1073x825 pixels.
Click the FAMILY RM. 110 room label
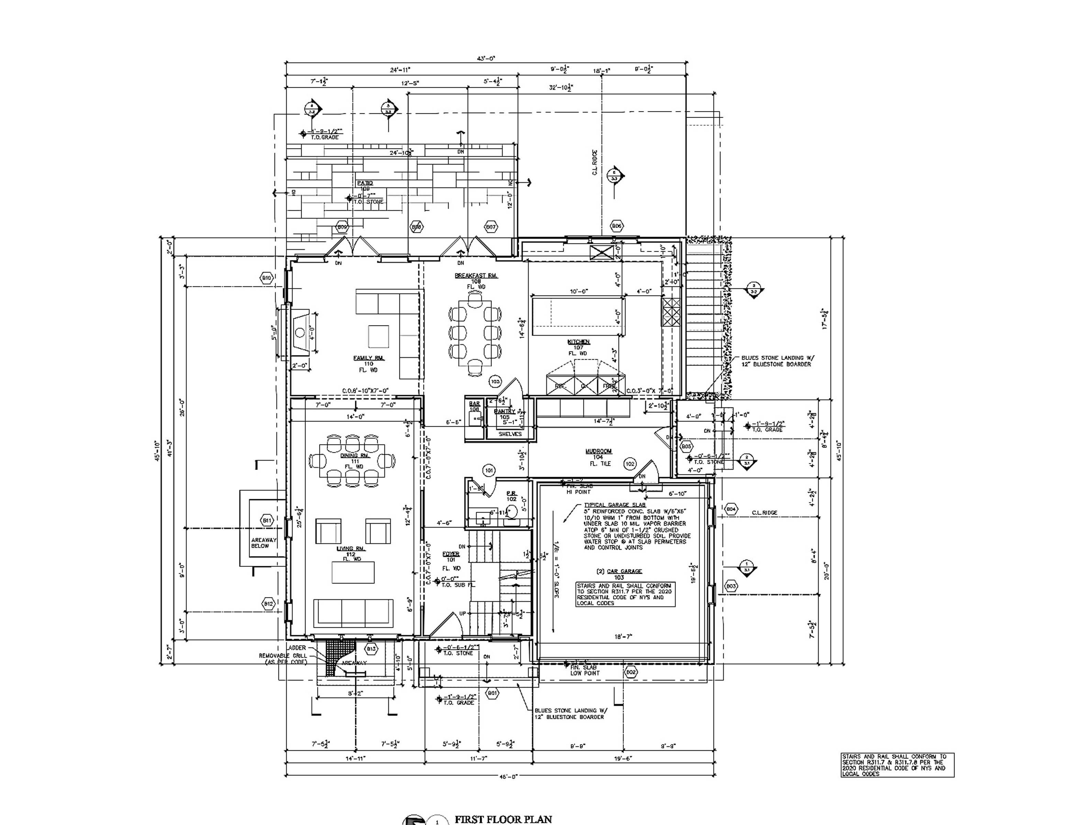(x=368, y=363)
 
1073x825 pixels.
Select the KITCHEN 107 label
(x=578, y=347)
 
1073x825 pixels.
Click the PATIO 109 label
(x=365, y=186)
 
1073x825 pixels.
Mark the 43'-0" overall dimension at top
(x=486, y=58)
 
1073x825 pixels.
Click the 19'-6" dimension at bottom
(x=623, y=758)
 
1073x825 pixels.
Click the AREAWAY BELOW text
(x=264, y=543)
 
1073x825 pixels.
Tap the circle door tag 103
(x=495, y=382)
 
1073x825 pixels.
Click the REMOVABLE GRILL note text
(x=283, y=656)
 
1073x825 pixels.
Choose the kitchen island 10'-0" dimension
(x=579, y=291)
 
